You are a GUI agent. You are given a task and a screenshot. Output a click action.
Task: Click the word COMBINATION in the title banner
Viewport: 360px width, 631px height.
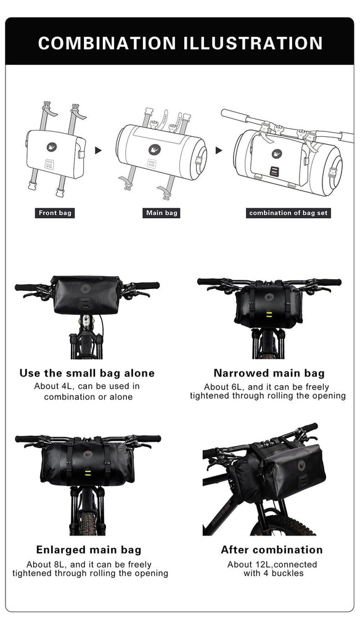(x=107, y=43)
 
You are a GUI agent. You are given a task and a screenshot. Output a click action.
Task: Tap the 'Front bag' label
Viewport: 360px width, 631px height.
(x=55, y=213)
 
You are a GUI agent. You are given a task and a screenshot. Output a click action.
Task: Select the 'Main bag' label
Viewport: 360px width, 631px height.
(x=162, y=213)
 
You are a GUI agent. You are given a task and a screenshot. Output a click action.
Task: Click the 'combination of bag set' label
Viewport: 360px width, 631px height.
(x=288, y=213)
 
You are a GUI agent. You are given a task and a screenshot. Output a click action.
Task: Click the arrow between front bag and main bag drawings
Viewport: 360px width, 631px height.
(x=98, y=150)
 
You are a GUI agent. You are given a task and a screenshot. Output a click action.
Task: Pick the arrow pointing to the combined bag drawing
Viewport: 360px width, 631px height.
(x=219, y=150)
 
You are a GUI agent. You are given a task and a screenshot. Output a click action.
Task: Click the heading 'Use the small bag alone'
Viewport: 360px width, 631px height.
(x=87, y=373)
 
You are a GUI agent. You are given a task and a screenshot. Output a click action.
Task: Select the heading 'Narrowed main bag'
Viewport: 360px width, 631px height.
(x=269, y=373)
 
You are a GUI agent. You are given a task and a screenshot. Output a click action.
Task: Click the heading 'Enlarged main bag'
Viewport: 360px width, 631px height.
(x=88, y=550)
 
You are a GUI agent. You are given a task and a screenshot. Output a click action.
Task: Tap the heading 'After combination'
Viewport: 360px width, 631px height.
(x=271, y=550)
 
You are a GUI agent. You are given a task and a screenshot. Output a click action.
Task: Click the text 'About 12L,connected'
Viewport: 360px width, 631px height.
(x=272, y=564)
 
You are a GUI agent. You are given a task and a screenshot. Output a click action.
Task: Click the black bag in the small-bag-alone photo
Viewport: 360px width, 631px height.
(x=86, y=296)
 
